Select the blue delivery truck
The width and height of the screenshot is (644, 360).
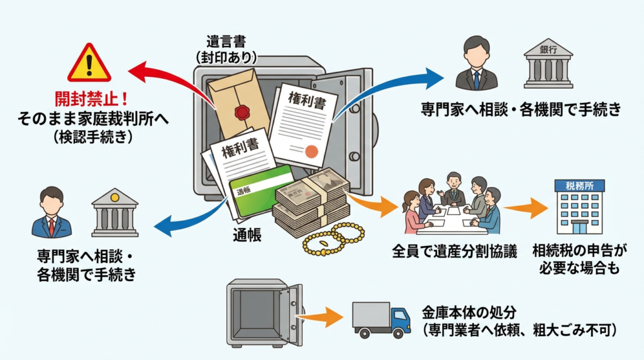pos(381,318)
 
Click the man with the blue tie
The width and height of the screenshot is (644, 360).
pos(477,63)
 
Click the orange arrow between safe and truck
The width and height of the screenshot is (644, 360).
pos(323,316)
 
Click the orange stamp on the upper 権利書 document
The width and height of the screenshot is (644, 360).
pos(311,151)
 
